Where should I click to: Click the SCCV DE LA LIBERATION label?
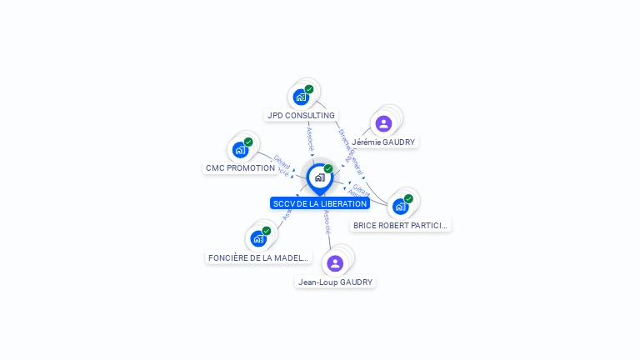click(x=320, y=203)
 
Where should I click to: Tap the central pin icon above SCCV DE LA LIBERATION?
click(x=319, y=177)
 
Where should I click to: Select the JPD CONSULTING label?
click(x=301, y=115)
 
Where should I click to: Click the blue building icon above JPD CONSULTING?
click(x=301, y=97)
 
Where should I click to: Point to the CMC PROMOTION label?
click(x=240, y=167)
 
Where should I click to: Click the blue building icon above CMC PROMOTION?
click(x=240, y=150)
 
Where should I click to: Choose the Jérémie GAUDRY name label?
click(x=383, y=142)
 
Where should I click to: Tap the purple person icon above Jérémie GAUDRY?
click(x=383, y=124)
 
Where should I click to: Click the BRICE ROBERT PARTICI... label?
click(x=400, y=225)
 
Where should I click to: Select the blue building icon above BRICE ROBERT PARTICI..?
click(x=400, y=207)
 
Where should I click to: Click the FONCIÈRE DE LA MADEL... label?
click(x=258, y=257)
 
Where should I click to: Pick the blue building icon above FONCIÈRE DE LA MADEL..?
click(x=258, y=238)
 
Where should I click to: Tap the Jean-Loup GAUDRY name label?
click(x=335, y=282)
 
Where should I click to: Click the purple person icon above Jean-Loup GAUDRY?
click(x=335, y=263)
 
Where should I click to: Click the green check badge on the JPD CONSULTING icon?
click(x=309, y=89)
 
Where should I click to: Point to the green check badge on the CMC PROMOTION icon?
click(x=248, y=142)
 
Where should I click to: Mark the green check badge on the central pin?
click(x=328, y=169)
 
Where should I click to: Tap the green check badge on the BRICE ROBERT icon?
click(x=408, y=199)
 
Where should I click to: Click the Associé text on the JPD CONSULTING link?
click(x=311, y=138)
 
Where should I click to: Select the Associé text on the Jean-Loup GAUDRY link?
click(x=327, y=222)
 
